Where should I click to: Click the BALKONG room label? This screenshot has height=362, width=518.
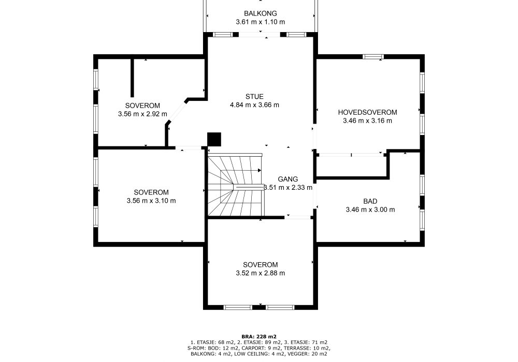(261, 13)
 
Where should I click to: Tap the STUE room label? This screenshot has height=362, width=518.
(254, 97)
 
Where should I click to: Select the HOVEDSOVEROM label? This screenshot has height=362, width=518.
(367, 112)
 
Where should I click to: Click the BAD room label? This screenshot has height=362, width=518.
(370, 201)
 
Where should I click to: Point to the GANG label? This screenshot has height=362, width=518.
(287, 179)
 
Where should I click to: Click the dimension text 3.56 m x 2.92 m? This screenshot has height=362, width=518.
(142, 114)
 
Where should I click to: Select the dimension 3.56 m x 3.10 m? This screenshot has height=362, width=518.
(151, 201)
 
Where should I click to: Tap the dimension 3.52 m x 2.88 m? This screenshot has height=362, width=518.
(261, 273)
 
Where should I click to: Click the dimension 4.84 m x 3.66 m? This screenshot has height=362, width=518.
(254, 105)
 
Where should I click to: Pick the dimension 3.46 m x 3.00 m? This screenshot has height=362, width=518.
(370, 209)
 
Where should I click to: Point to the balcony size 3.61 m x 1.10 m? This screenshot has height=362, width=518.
(261, 22)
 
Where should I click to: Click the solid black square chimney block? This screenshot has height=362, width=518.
(214, 139)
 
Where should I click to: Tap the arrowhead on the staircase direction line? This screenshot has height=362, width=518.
(260, 171)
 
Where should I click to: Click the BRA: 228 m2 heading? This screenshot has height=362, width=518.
(259, 337)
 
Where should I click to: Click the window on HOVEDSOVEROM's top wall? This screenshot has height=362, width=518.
(373, 57)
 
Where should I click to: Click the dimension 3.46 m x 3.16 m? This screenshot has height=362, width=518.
(367, 120)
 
